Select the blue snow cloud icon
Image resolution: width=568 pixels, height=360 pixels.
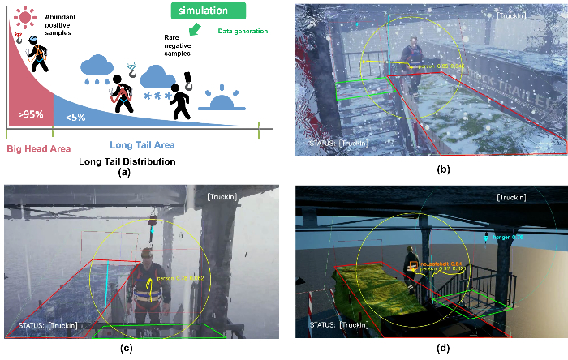pyautogui.click(x=157, y=82)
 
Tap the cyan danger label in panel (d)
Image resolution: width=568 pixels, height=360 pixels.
pyautogui.click(x=508, y=238)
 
